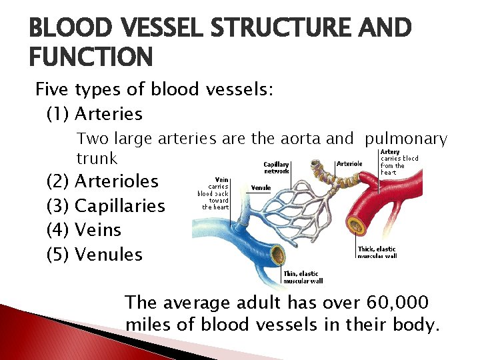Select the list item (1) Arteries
pos(94,114)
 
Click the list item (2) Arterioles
pos(102,181)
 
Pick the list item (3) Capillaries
pos(105,206)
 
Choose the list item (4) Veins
pos(84,230)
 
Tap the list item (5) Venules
pos(94,255)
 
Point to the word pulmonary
pos(407,139)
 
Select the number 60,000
pos(398,303)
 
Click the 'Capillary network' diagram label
pos(276,167)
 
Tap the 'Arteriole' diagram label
pos(350,163)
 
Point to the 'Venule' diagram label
pos(261,188)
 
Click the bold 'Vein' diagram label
pos(223,179)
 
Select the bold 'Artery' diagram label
pos(390,152)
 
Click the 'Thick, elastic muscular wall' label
pos(377,252)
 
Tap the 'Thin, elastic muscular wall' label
pos(300,277)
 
